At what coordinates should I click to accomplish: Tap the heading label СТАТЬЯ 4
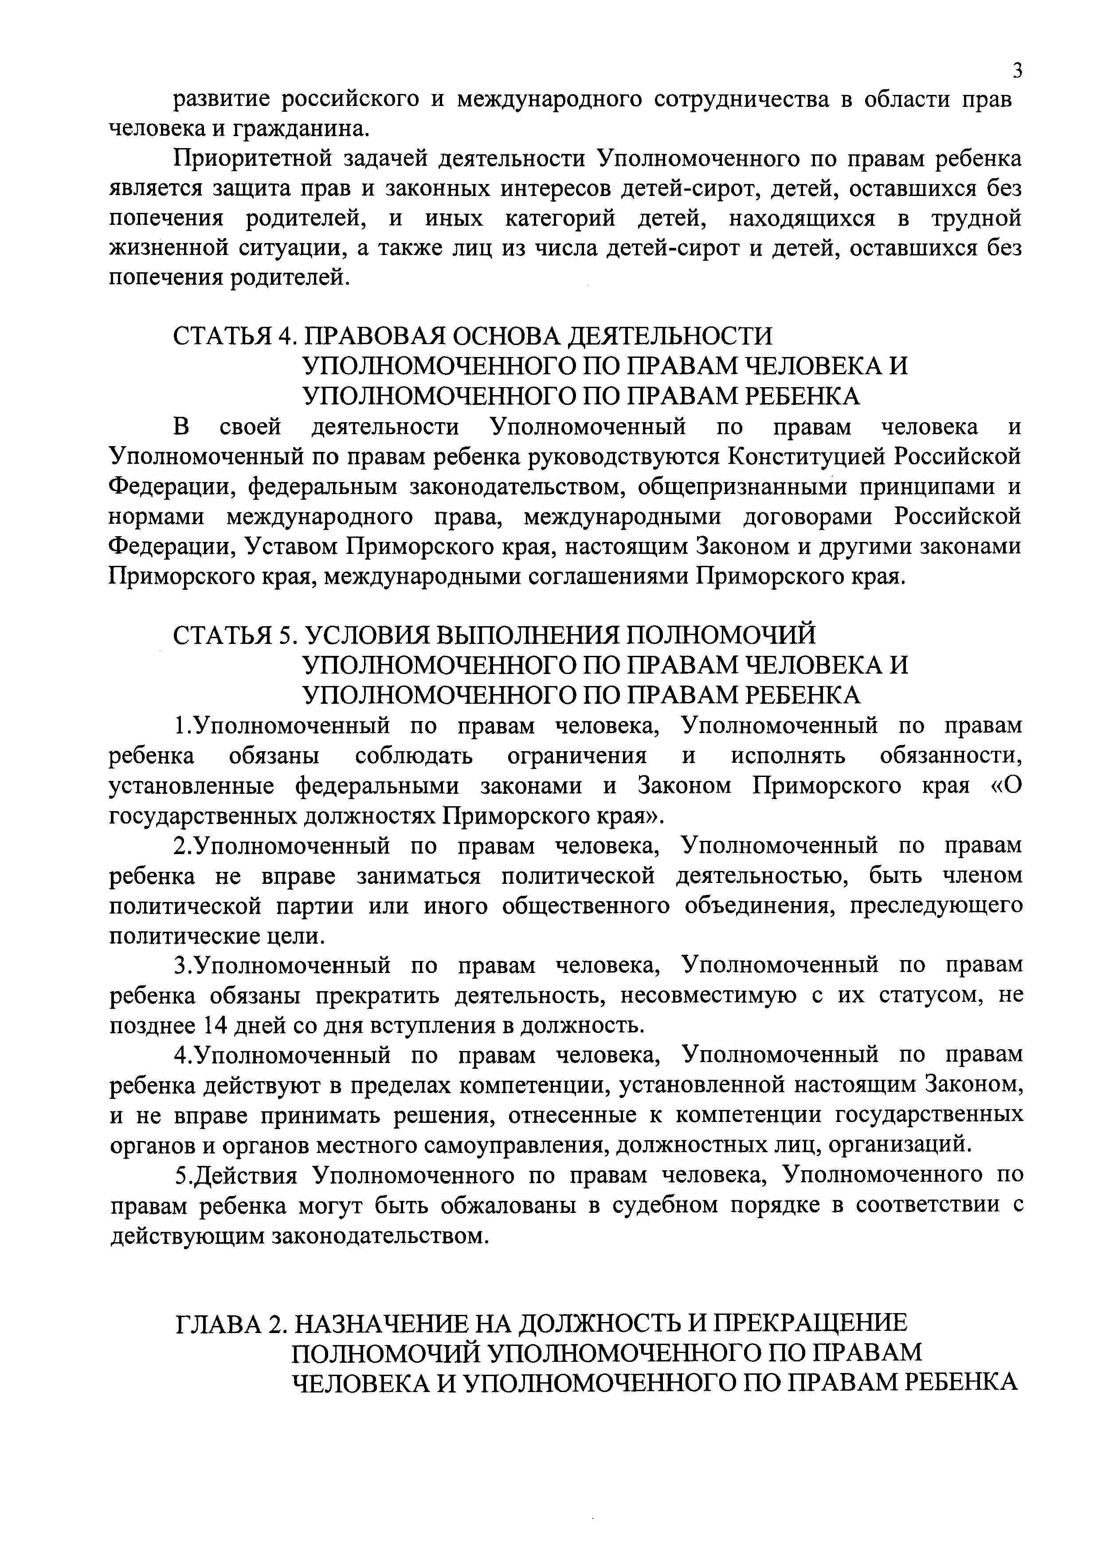234,336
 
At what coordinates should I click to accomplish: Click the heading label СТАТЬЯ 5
234,635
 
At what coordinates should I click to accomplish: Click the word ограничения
577,756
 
